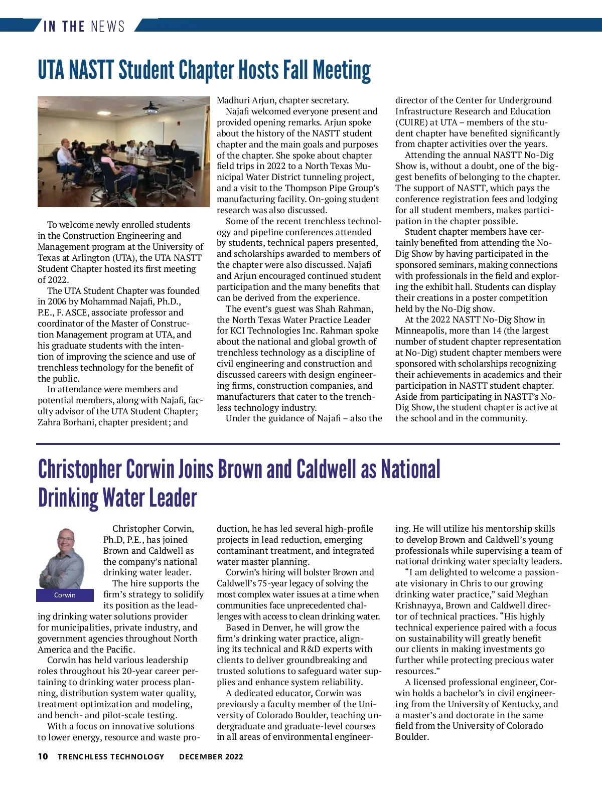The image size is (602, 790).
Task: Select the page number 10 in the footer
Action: click(x=43, y=756)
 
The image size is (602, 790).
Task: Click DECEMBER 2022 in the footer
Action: click(x=211, y=756)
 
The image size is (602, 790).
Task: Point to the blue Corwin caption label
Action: click(x=65, y=595)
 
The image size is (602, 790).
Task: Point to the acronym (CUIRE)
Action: click(x=411, y=122)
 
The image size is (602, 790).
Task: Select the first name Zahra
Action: click(x=50, y=422)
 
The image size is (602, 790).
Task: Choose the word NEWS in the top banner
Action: click(x=107, y=26)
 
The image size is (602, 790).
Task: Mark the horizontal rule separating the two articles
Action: click(x=298, y=444)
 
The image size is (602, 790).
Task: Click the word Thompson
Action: click(x=306, y=188)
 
